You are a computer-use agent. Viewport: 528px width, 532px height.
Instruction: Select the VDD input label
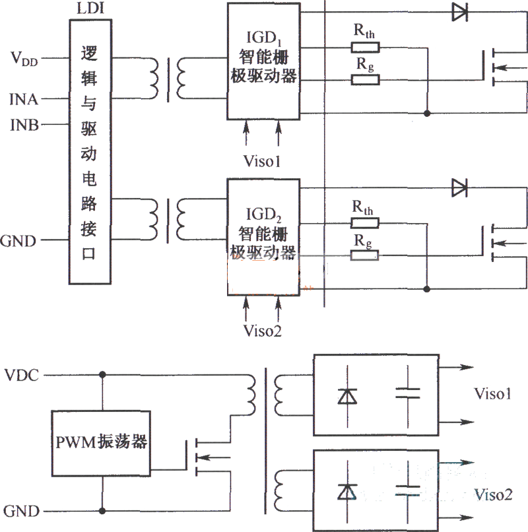[x=24, y=59]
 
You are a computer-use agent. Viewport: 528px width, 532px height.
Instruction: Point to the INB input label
[x=24, y=123]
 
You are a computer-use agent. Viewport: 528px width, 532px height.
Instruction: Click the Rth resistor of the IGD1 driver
[x=365, y=47]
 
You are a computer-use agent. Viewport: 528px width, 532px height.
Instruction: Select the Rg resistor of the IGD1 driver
[x=365, y=80]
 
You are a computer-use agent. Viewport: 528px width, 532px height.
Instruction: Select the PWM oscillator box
[x=102, y=442]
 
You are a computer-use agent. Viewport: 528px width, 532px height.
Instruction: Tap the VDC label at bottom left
[x=22, y=375]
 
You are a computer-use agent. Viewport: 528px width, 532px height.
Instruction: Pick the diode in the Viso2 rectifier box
[x=346, y=491]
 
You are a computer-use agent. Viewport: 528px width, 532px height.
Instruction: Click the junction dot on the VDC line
[x=102, y=375]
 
